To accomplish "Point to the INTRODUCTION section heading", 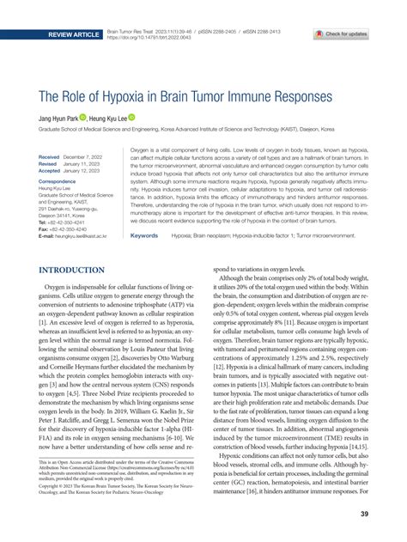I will click(x=70, y=271).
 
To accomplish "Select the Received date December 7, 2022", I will click(x=88, y=158).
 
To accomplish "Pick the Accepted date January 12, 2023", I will click(x=88, y=171).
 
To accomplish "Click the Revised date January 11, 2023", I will click(x=88, y=165).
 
